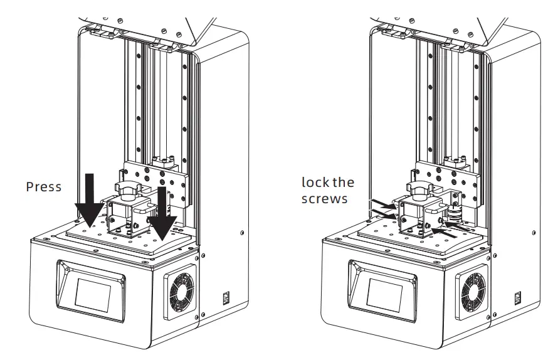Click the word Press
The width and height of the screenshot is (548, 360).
tap(44, 187)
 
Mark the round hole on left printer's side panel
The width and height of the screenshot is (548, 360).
tap(243, 233)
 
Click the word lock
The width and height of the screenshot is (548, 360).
tap(315, 183)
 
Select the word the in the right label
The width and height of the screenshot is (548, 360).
tap(343, 183)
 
